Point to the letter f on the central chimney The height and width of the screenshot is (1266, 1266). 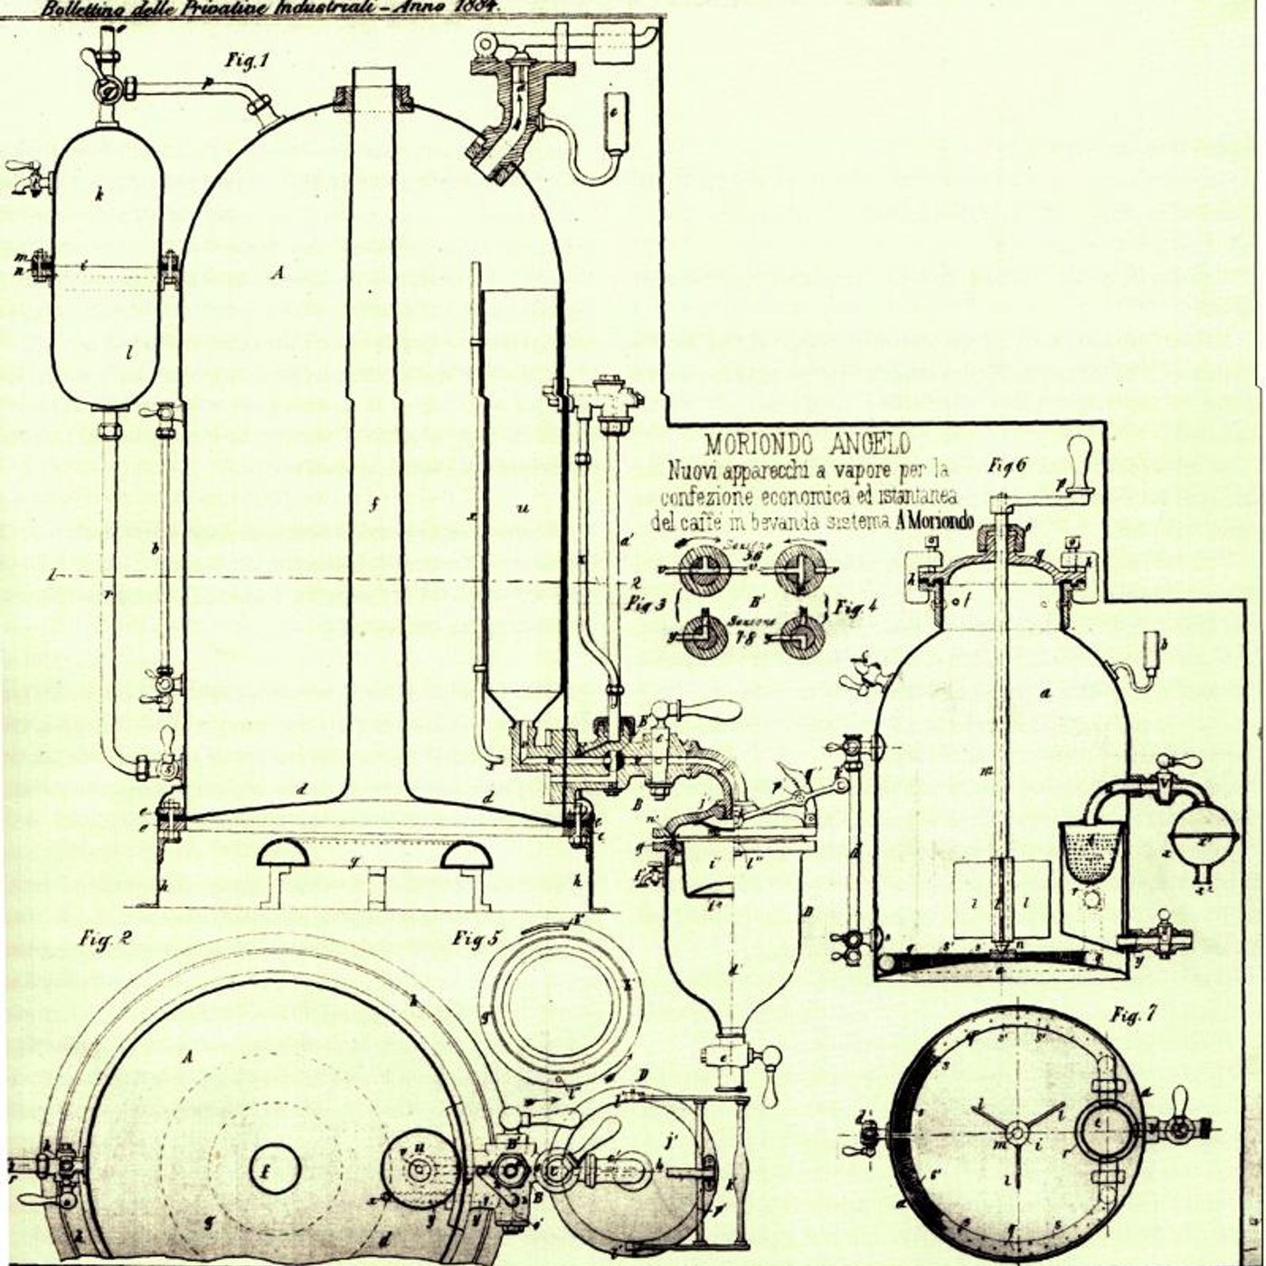(x=372, y=506)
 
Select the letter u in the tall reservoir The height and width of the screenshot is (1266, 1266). (x=522, y=509)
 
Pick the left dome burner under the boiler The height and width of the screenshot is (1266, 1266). (x=283, y=854)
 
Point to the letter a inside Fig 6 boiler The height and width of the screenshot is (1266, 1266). (x=1045, y=694)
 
